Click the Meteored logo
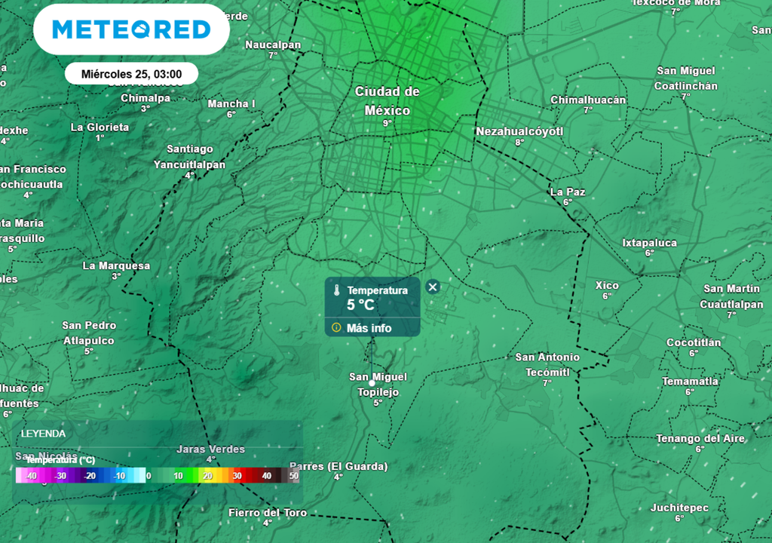(131, 30)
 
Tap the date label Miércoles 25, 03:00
(131, 74)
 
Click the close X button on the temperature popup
(432, 287)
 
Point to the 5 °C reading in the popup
(360, 305)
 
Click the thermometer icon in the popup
(336, 290)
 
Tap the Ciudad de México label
(387, 100)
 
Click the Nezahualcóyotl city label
(519, 132)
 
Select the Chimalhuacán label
(588, 100)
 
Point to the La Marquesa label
(116, 266)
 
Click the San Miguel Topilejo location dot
(372, 383)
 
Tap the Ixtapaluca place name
(649, 243)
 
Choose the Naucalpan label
(273, 45)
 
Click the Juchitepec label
(679, 508)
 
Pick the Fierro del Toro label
(268, 513)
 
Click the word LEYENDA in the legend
(43, 434)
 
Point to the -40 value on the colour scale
(30, 476)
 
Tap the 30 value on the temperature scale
(237, 476)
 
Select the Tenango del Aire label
(700, 439)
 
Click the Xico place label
(607, 286)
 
